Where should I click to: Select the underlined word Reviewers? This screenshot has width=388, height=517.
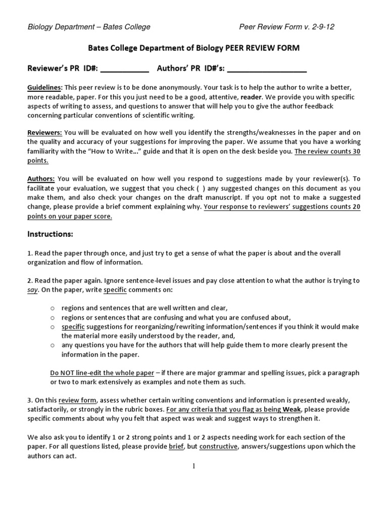[x=44, y=133]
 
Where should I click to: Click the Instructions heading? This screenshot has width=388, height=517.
[x=51, y=234]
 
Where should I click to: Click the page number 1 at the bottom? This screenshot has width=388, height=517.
[x=193, y=466]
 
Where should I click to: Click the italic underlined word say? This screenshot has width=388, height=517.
[x=33, y=290]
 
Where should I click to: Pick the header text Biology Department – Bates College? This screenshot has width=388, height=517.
[x=89, y=27]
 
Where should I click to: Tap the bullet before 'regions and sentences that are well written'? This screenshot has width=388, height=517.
[x=53, y=308]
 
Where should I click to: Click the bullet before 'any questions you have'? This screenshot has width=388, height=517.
[x=53, y=345]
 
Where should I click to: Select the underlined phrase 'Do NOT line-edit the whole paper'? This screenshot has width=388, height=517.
[x=102, y=373]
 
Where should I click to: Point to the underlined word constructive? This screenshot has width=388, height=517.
[x=218, y=446]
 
